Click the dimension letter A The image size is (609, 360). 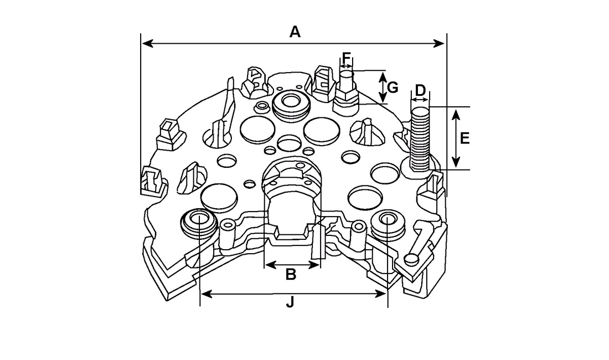(x=295, y=32)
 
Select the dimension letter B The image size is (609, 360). (x=291, y=274)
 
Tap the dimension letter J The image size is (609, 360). (x=290, y=302)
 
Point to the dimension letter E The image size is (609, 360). (x=465, y=138)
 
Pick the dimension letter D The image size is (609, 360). (x=421, y=90)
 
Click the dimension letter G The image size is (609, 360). (x=393, y=88)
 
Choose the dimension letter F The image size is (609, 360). (x=347, y=58)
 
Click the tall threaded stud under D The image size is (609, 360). (x=420, y=138)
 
